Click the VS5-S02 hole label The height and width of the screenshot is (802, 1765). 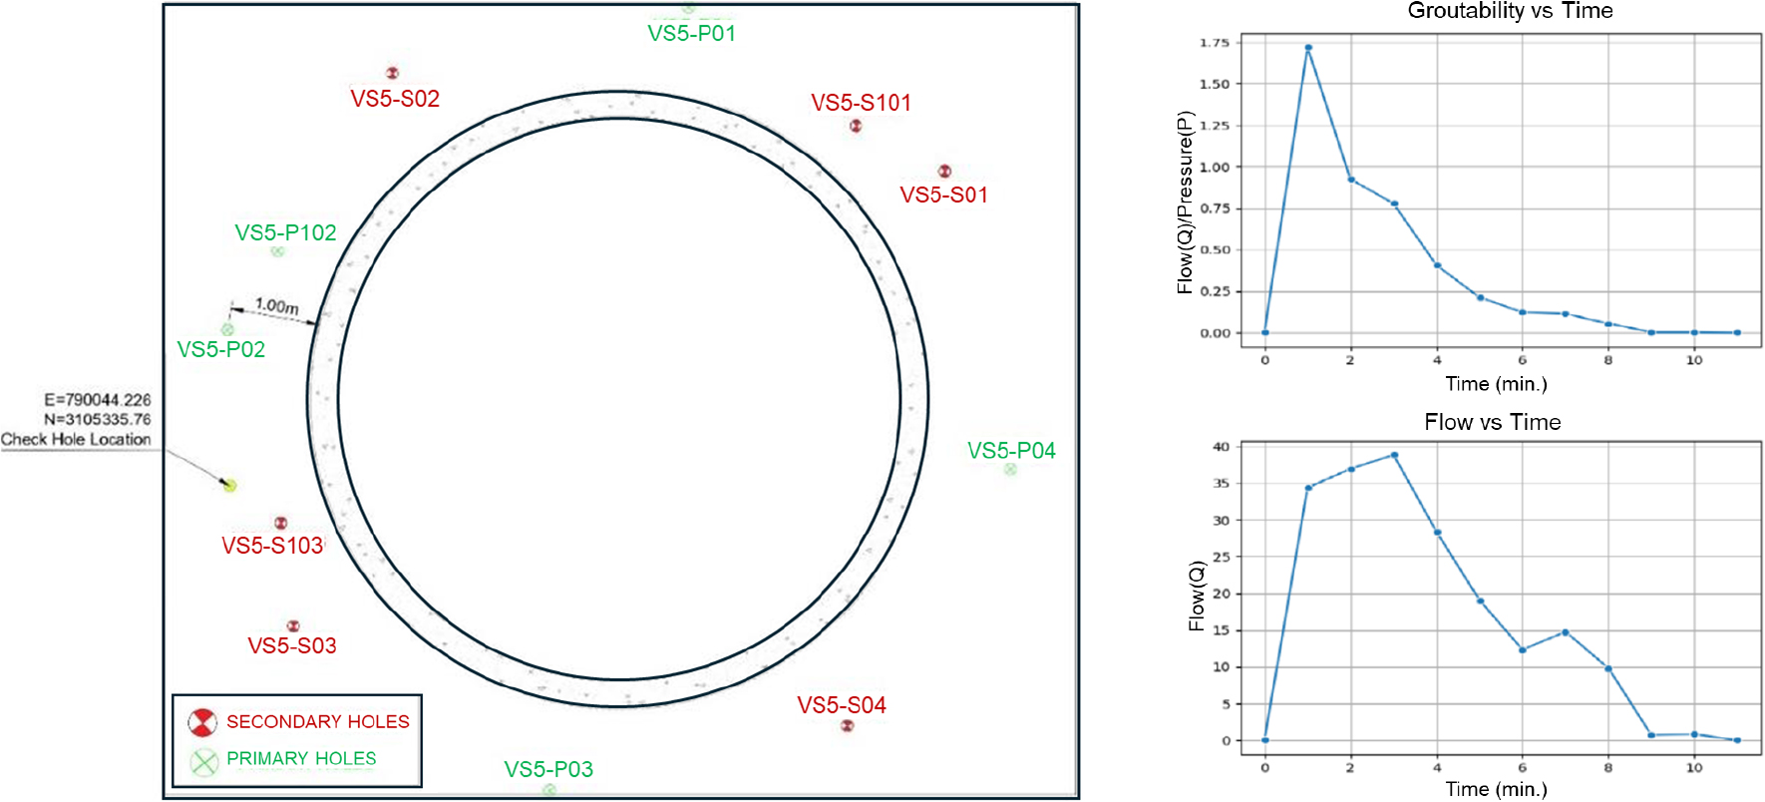(x=395, y=99)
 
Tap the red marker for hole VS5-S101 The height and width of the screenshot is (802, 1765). (x=856, y=126)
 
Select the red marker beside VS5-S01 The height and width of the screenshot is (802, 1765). (x=944, y=172)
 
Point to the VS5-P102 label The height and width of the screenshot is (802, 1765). (x=285, y=232)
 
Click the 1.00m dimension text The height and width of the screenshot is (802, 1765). (x=276, y=305)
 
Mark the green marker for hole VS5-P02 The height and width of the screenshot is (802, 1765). (x=227, y=329)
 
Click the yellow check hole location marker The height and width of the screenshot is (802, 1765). (x=229, y=486)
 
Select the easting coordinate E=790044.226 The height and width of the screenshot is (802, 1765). (x=98, y=400)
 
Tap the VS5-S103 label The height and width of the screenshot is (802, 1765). (x=272, y=546)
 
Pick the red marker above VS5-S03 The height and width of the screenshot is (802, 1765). (x=293, y=626)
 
